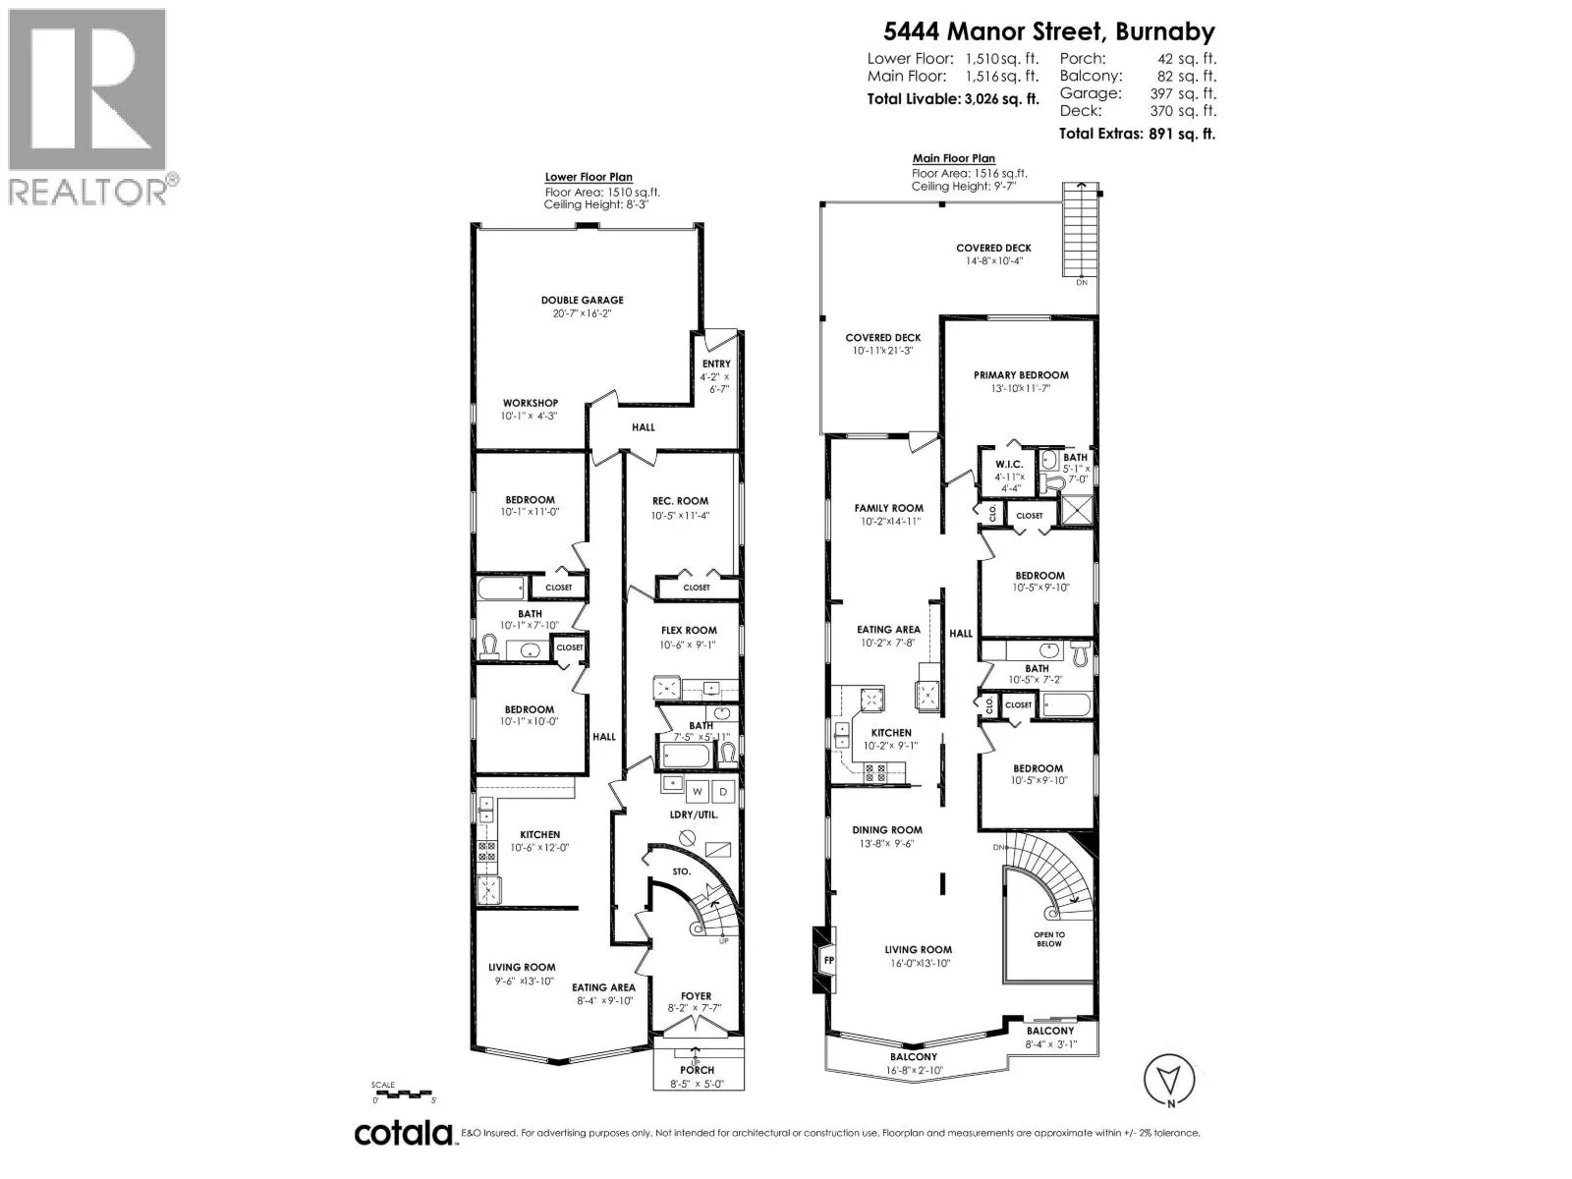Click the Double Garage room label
(x=582, y=300)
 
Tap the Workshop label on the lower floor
(x=530, y=403)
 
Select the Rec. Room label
(x=680, y=501)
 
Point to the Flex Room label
(x=689, y=631)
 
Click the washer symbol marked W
(x=697, y=792)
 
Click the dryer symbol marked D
(x=723, y=792)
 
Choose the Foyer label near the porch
(x=697, y=995)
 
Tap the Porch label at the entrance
(x=697, y=1070)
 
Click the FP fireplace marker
(x=829, y=961)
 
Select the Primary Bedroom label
(x=1021, y=375)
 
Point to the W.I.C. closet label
(x=1009, y=465)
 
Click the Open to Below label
(x=1049, y=939)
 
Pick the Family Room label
(x=889, y=508)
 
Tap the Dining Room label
(x=887, y=830)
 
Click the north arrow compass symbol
(x=1169, y=1080)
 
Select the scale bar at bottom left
(x=403, y=1094)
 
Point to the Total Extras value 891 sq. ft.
(x=1182, y=134)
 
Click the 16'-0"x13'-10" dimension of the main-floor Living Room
(x=918, y=964)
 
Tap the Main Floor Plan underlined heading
(x=953, y=159)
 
